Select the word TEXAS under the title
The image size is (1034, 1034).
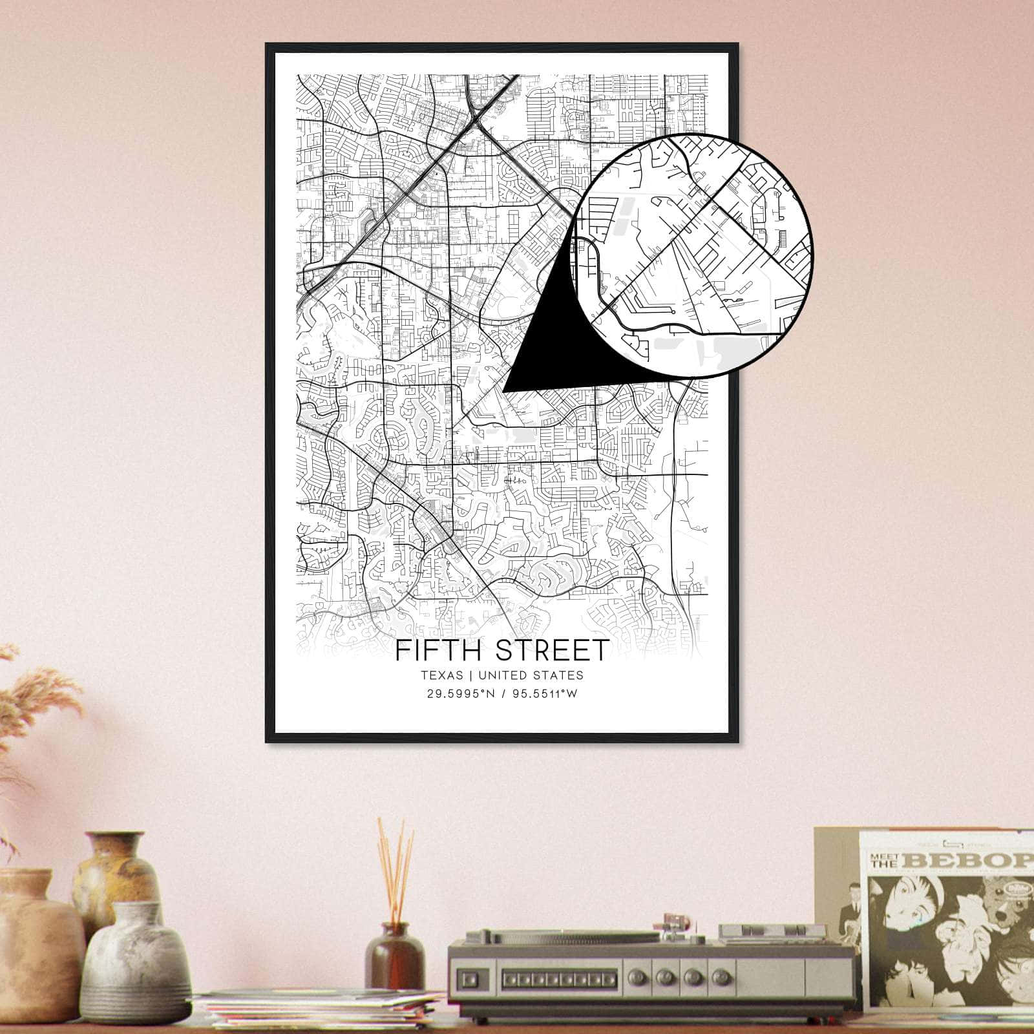442,675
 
